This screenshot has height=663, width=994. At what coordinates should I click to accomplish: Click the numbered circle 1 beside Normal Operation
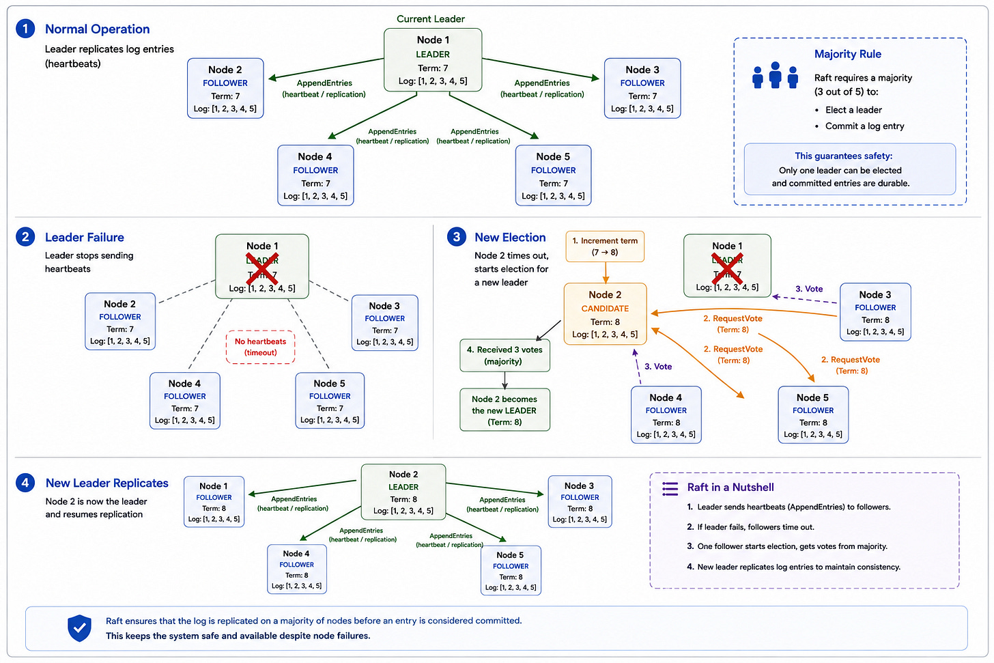click(25, 29)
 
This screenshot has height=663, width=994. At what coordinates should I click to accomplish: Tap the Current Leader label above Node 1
click(430, 18)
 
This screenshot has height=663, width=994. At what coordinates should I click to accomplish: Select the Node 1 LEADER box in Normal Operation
click(433, 60)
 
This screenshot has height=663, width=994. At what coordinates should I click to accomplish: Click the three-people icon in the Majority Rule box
click(776, 75)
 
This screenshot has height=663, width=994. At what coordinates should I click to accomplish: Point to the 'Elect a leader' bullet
click(853, 110)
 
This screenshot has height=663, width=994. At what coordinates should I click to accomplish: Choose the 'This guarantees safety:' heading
click(843, 156)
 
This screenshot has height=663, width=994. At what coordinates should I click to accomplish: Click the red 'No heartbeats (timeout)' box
click(261, 347)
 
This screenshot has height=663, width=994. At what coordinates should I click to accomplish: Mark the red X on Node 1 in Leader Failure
click(262, 268)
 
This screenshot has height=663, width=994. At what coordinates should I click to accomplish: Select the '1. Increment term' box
click(605, 246)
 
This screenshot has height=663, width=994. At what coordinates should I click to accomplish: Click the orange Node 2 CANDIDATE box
click(605, 314)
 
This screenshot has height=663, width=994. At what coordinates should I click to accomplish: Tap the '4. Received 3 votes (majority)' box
click(505, 356)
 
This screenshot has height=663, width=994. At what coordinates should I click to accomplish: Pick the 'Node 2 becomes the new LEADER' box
click(505, 410)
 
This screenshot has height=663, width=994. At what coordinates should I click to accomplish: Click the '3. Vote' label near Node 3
click(809, 289)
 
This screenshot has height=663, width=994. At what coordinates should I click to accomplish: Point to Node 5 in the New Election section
click(813, 414)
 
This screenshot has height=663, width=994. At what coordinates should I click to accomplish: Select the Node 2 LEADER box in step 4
click(403, 492)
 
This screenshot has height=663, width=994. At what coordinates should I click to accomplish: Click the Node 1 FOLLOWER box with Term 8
click(214, 501)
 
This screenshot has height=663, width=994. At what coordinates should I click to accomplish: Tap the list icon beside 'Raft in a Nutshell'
click(670, 489)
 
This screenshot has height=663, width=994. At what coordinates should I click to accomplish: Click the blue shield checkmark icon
click(79, 628)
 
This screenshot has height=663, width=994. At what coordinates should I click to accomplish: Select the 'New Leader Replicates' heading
click(107, 483)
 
